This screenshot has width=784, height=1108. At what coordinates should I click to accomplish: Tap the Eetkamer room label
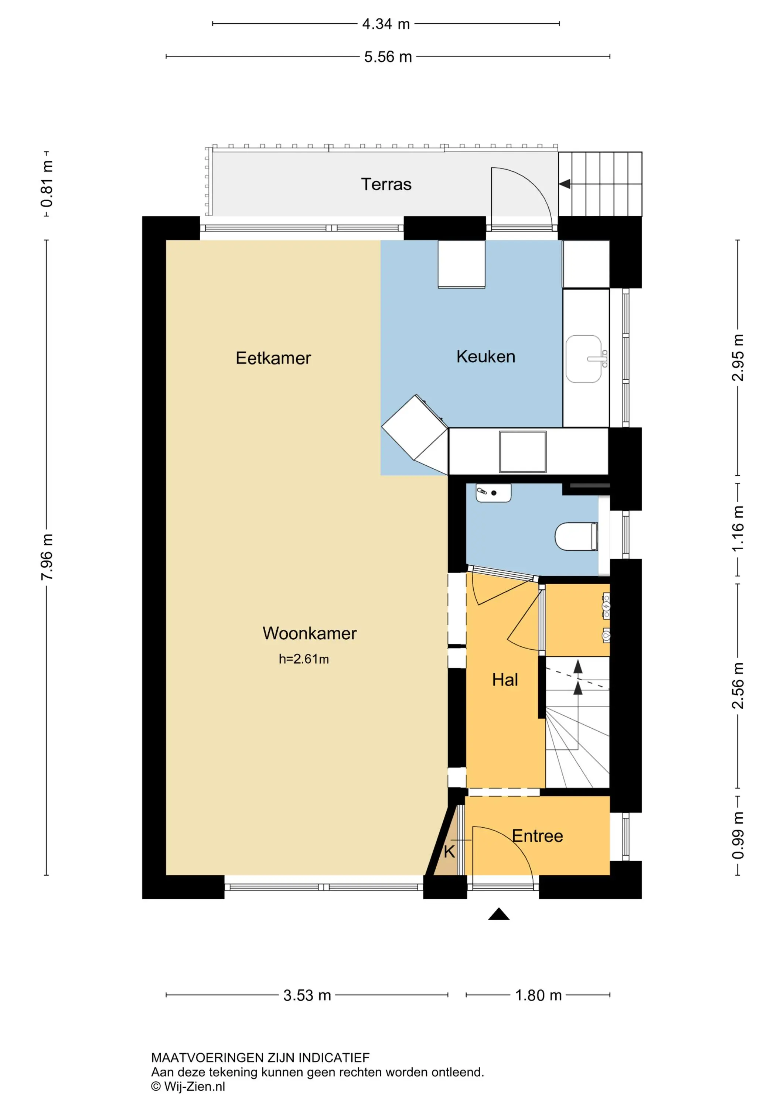[273, 358]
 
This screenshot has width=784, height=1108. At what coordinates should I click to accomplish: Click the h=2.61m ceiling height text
[304, 659]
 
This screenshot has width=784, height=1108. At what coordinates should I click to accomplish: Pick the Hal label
[505, 680]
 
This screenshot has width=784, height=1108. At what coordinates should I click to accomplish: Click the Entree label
[537, 836]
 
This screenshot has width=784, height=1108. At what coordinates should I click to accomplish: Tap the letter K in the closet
[449, 852]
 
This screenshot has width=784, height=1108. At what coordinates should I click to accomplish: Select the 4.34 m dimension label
[386, 24]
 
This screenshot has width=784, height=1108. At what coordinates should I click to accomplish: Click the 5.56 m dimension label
[388, 57]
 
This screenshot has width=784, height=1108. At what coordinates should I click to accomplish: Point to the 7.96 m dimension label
[47, 557]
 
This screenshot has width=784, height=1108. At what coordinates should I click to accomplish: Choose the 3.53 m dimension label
[307, 995]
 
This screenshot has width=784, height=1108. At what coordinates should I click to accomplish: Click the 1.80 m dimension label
[538, 995]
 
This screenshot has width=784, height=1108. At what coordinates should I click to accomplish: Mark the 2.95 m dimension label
[738, 358]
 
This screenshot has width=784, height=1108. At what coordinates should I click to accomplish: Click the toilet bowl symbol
[576, 536]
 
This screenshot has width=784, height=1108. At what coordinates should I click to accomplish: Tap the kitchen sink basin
[584, 359]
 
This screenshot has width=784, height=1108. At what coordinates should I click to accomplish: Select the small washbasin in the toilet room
[493, 493]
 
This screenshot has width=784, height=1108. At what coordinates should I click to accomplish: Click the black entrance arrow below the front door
[499, 914]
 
